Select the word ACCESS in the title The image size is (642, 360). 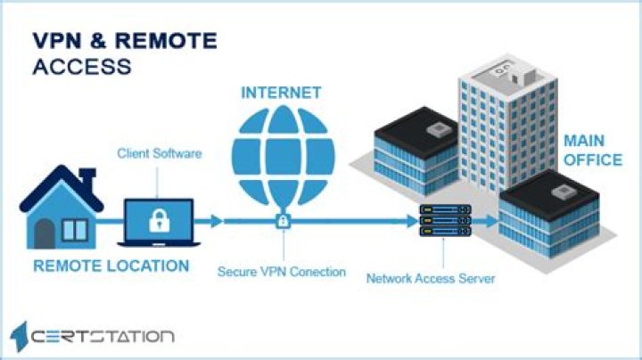tap(82, 67)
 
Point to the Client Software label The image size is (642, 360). tap(160, 153)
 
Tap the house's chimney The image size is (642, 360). tap(87, 174)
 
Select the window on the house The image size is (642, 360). tap(74, 231)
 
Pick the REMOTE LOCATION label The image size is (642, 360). tap(111, 266)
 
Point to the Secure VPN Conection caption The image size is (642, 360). tap(281, 272)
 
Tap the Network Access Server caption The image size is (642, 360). tap(431, 278)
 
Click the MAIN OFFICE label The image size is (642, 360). tap(591, 151)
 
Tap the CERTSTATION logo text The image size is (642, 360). tap(103, 336)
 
